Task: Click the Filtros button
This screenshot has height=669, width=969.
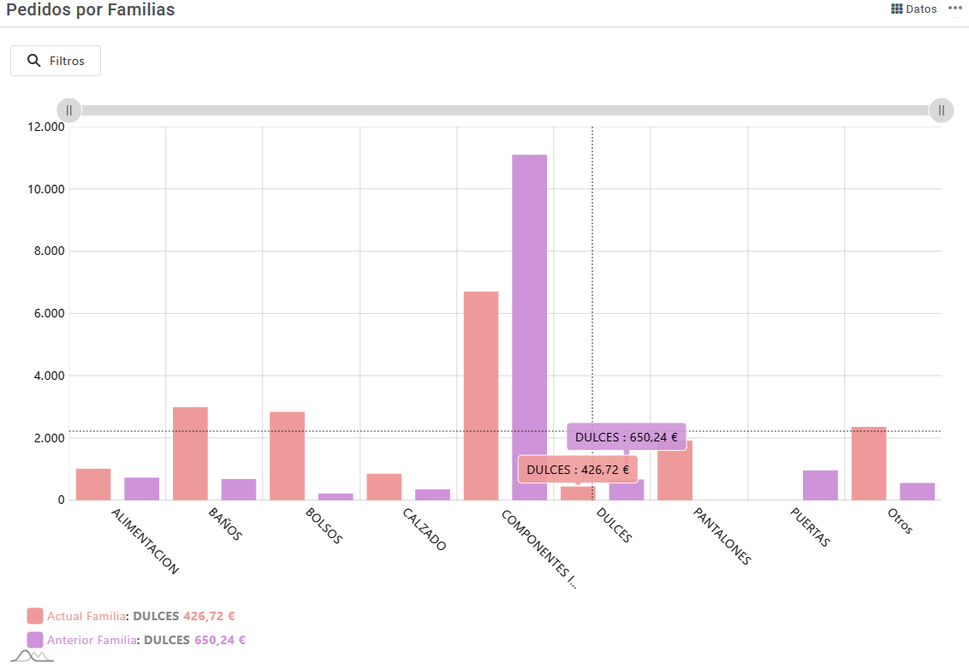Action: tap(56, 61)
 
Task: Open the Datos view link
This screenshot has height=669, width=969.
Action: tap(914, 9)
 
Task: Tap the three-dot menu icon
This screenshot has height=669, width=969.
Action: tap(955, 8)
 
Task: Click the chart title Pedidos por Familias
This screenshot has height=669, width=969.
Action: tap(91, 10)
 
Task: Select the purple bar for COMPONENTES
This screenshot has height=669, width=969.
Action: tap(529, 327)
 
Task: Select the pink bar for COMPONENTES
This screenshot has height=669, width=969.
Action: tap(481, 395)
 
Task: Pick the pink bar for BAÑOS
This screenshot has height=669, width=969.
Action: tap(190, 453)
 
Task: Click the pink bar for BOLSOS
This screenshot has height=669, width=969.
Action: tap(287, 456)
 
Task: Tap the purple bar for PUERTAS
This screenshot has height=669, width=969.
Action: tap(820, 485)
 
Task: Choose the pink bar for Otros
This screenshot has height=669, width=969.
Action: tap(868, 463)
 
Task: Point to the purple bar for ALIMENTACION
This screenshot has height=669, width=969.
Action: tap(141, 488)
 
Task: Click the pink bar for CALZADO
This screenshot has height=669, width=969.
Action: tap(383, 487)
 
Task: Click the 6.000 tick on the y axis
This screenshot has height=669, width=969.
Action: tap(48, 313)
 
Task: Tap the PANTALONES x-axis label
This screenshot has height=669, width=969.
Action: tap(722, 536)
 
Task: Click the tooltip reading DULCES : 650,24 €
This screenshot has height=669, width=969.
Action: tap(626, 437)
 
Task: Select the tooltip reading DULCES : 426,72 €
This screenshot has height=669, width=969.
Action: tap(578, 470)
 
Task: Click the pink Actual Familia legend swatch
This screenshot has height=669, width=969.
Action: tap(35, 616)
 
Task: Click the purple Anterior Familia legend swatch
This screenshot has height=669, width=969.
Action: tap(35, 640)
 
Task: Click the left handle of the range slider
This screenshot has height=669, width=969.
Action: tap(69, 110)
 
